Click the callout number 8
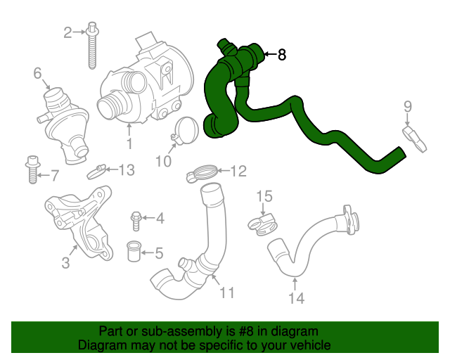(x=282, y=55)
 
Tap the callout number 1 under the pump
(x=129, y=144)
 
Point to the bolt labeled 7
(x=31, y=169)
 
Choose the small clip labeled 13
(x=98, y=170)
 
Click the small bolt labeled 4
(x=136, y=221)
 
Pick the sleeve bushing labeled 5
(x=136, y=250)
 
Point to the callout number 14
(x=296, y=298)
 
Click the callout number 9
(x=407, y=106)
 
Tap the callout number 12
(x=238, y=170)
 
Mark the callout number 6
(x=37, y=72)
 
